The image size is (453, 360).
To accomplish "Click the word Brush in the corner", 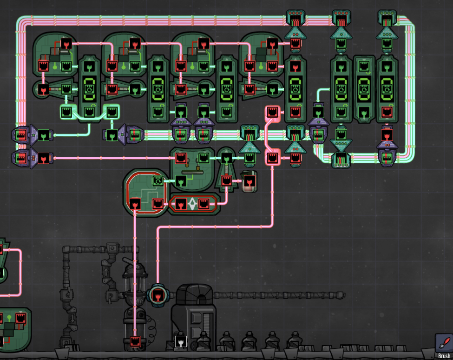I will [x=444, y=356].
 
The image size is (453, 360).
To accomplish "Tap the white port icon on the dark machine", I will [x=180, y=342].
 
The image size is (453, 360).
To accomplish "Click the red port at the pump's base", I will [x=135, y=341].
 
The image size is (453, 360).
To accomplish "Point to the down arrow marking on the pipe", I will [x=73, y=318].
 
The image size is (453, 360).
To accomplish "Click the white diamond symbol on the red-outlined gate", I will [x=192, y=204].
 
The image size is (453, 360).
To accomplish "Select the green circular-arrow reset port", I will [x=158, y=181].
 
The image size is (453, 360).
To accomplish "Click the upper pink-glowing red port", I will [x=273, y=112].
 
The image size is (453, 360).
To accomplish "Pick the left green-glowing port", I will [x=66, y=112].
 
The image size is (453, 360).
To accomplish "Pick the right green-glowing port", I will [x=112, y=112].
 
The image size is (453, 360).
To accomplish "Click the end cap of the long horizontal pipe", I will [x=343, y=294].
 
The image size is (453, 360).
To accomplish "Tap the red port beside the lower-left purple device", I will [x=44, y=157].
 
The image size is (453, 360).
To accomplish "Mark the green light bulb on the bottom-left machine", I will [x=9, y=318].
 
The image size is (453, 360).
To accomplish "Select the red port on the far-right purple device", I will [x=386, y=135].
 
